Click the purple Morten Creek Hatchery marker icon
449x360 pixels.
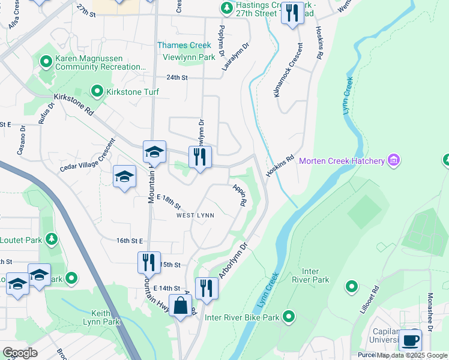[x=394, y=160]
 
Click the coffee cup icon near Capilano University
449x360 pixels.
[x=410, y=340]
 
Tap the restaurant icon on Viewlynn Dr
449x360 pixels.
[x=200, y=157]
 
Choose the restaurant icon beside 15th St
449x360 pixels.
[x=148, y=262]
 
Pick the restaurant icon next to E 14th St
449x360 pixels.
[x=206, y=289]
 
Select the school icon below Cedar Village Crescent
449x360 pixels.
[x=125, y=176]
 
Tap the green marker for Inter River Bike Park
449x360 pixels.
[x=289, y=316]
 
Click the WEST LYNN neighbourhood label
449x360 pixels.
[x=195, y=215]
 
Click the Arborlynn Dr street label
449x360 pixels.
[x=234, y=260]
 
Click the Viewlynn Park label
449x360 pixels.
[x=189, y=58]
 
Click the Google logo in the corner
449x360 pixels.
[x=20, y=353]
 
